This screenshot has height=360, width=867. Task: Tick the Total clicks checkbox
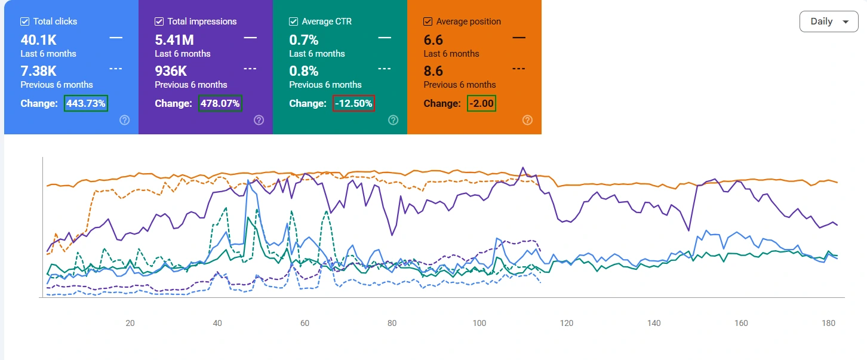[24, 21]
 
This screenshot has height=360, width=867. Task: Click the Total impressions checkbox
[159, 21]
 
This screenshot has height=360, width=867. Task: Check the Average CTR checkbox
[293, 21]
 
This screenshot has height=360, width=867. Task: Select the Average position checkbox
[428, 21]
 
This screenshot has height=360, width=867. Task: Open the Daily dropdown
[829, 21]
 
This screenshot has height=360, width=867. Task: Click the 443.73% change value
[85, 103]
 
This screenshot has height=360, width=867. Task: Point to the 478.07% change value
[220, 103]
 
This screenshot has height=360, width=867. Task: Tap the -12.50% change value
[353, 103]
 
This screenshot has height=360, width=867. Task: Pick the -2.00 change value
[481, 103]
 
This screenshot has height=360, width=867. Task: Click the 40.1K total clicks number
[39, 40]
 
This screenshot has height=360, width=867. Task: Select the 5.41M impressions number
[174, 40]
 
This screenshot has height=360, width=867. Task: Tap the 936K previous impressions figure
[171, 71]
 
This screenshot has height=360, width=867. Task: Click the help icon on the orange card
[527, 120]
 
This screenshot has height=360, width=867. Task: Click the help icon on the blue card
[124, 120]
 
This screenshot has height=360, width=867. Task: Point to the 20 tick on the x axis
[130, 323]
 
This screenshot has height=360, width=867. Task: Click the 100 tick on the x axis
[479, 323]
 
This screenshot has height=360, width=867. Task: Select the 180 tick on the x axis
[829, 323]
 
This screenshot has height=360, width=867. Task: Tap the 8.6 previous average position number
[433, 71]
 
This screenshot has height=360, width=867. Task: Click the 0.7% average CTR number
[304, 40]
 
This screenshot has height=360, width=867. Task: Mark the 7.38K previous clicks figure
[39, 71]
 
